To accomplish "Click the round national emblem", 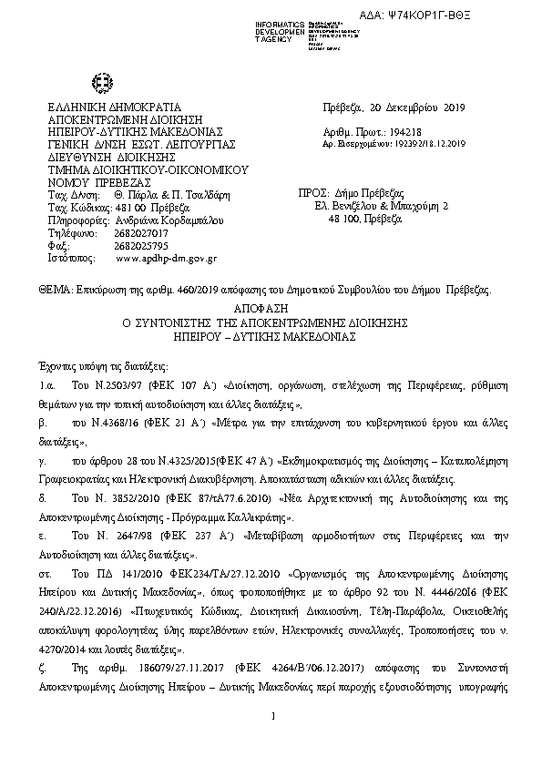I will (101, 84).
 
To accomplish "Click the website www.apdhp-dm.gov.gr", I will (167, 259).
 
